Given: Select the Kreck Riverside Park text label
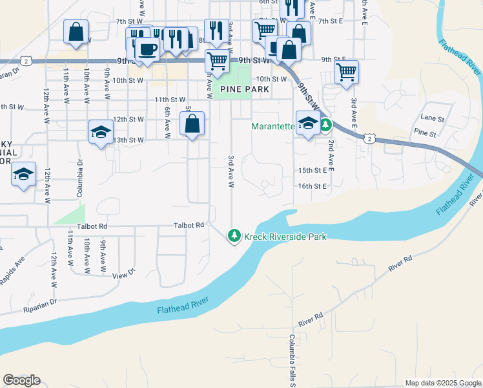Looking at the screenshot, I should [x=285, y=237].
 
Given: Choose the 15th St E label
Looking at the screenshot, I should [x=313, y=170].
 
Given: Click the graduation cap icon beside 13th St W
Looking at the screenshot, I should [x=101, y=133].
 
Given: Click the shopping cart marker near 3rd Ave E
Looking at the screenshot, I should [x=347, y=72].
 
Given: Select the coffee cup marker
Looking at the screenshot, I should [x=147, y=49].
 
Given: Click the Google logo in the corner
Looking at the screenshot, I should [x=21, y=380].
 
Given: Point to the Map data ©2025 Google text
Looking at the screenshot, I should [x=442, y=383].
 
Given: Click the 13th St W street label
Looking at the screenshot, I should [x=128, y=140].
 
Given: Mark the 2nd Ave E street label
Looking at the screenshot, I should [x=331, y=156].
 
